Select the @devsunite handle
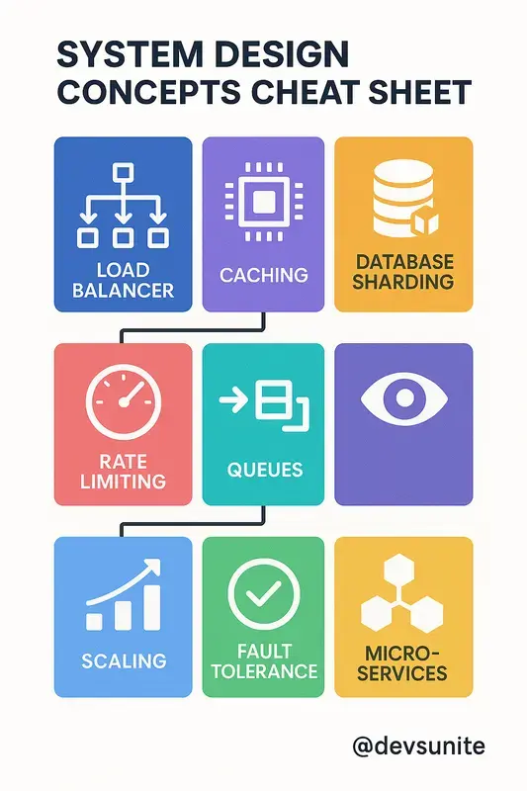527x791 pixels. (x=418, y=747)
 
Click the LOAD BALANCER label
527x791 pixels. (x=123, y=280)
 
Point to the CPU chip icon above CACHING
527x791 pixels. (x=264, y=202)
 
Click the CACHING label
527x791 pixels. (x=264, y=275)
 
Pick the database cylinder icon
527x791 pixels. (x=404, y=200)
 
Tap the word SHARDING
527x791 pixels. (x=403, y=282)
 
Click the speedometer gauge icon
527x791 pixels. (x=123, y=401)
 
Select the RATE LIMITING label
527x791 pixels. (x=123, y=472)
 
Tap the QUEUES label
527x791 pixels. (x=265, y=470)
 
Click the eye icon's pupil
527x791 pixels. (x=404, y=397)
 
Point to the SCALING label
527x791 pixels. (x=124, y=660)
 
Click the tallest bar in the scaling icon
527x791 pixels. (x=152, y=608)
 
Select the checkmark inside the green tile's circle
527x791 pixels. (x=264, y=593)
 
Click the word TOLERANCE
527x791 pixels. (x=264, y=671)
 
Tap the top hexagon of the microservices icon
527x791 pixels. (x=398, y=571)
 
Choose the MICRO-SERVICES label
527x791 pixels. (x=402, y=663)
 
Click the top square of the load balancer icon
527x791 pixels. (x=123, y=172)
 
